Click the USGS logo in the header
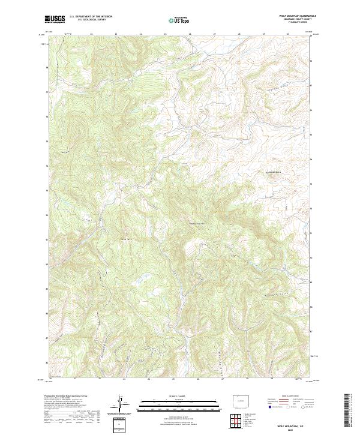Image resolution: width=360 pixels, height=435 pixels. pos(55,19)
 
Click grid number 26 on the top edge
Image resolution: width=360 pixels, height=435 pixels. pos(190,34)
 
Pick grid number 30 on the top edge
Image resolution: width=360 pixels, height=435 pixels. pos(288,34)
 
